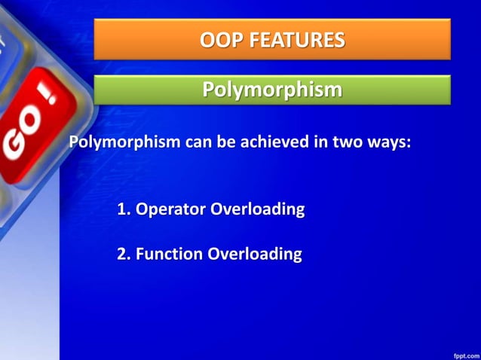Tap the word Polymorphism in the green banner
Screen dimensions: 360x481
(x=272, y=90)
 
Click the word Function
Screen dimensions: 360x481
(x=169, y=255)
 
